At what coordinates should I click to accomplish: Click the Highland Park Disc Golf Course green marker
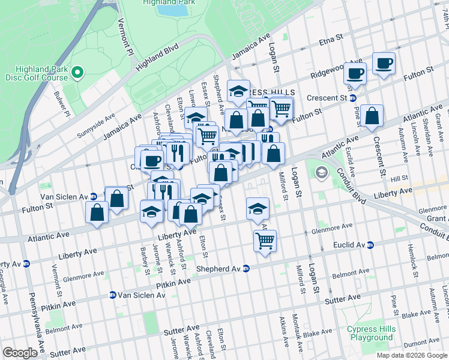click(77, 73)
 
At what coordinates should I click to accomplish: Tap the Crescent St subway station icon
click(353, 98)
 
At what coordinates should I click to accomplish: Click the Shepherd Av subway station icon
click(246, 268)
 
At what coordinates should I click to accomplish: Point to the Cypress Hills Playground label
click(371, 334)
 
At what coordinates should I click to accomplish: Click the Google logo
click(20, 353)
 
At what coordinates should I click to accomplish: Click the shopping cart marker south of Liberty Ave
click(265, 241)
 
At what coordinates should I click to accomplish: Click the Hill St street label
click(399, 179)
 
